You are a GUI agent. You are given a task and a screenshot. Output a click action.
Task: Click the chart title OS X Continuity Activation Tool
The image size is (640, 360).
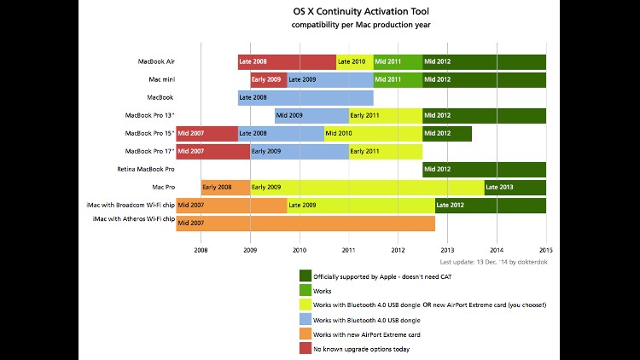(x=356, y=12)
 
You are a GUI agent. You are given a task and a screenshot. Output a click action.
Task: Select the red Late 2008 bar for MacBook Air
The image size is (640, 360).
(x=287, y=61)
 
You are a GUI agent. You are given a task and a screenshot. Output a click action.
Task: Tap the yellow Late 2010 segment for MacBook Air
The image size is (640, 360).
(x=355, y=61)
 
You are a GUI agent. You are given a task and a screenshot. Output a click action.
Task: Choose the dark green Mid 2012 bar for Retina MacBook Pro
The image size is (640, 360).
(x=484, y=169)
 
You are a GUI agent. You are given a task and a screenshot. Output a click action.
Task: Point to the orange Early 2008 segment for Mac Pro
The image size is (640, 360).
(x=225, y=187)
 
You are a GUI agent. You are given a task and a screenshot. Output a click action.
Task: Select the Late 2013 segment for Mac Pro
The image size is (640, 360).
(x=515, y=187)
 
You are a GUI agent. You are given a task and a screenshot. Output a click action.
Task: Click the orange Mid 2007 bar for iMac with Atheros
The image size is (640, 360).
(x=305, y=223)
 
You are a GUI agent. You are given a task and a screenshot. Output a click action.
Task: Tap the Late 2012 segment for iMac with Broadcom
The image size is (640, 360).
(x=490, y=205)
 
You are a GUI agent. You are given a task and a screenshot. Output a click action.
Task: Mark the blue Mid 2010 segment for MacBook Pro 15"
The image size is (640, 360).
(x=373, y=133)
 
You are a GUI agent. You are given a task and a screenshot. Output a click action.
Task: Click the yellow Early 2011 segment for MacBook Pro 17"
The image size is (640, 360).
(x=385, y=151)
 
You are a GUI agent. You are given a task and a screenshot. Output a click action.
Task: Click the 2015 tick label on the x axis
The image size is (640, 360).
(x=546, y=250)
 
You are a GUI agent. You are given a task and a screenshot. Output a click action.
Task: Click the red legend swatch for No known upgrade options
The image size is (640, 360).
(x=305, y=349)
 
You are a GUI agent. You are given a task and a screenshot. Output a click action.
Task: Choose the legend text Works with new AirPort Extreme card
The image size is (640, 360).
(x=368, y=334)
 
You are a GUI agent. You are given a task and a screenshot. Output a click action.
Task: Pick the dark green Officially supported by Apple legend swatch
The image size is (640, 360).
(x=305, y=275)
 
